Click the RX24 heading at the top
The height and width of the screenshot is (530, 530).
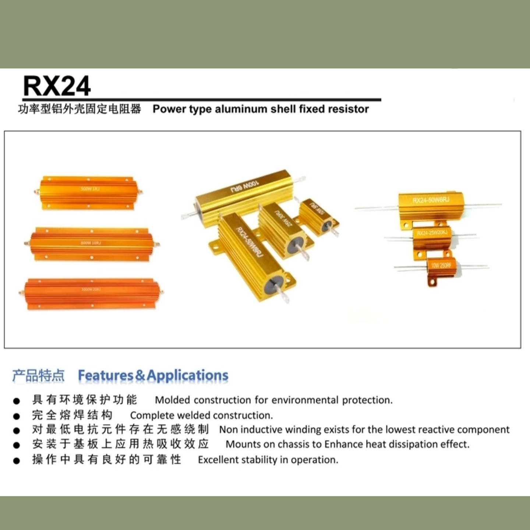[57, 86]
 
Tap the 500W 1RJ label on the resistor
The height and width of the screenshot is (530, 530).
[90, 189]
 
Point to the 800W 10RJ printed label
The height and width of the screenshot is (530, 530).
[91, 243]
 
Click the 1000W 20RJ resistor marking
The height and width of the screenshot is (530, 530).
[91, 289]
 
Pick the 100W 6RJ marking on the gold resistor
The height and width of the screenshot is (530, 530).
[245, 186]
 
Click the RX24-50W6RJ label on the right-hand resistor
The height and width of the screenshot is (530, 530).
[431, 200]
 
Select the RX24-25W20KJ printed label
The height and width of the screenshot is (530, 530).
[432, 233]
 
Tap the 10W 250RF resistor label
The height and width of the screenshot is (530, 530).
[441, 265]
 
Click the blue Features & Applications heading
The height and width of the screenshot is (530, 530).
[153, 375]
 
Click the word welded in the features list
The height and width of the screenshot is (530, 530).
[194, 416]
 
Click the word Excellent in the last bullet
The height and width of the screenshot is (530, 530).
[218, 460]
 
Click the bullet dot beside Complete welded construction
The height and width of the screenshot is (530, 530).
[17, 416]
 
